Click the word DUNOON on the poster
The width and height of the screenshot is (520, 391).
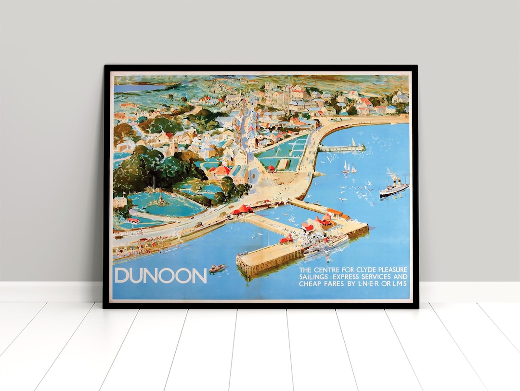tap(160, 275)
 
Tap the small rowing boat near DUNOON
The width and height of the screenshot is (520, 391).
tap(217, 268)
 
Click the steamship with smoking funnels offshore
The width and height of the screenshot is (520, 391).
tap(394, 188)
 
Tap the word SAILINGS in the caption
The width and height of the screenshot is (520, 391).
tap(315, 277)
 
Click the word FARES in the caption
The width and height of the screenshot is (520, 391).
tap(338, 284)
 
